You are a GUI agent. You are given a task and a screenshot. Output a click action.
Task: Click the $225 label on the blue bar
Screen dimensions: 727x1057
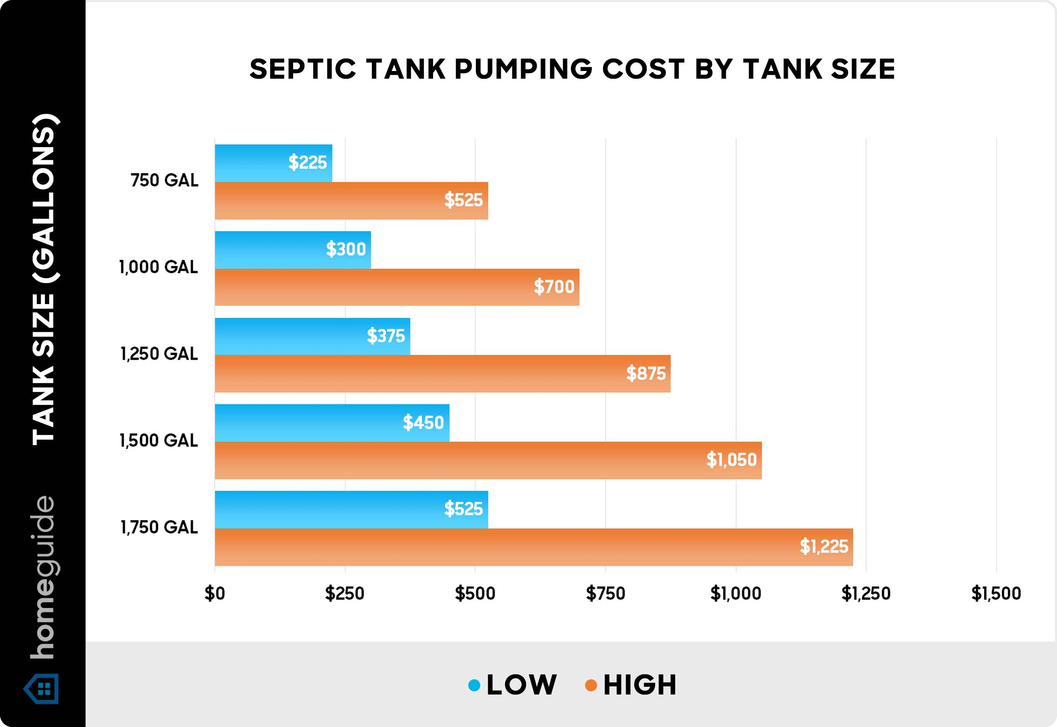click(x=307, y=163)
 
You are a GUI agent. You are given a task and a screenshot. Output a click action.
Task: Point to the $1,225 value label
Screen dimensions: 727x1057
click(x=824, y=547)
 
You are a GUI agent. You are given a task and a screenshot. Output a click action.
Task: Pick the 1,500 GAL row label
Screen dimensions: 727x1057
click(x=158, y=440)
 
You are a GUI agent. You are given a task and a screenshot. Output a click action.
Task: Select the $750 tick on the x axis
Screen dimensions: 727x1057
click(x=605, y=594)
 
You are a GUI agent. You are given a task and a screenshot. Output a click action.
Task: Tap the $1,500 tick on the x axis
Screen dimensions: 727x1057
click(x=996, y=594)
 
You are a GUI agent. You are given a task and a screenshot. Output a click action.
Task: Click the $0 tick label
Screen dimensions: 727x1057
click(x=215, y=594)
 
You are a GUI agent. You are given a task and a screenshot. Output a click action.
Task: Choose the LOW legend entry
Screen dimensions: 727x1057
click(x=521, y=685)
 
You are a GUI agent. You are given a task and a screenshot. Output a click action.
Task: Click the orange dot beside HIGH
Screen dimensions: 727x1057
click(x=591, y=685)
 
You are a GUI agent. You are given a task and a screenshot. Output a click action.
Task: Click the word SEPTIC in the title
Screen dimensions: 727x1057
click(x=302, y=70)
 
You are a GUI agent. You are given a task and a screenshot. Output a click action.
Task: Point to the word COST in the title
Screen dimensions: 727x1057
click(x=643, y=70)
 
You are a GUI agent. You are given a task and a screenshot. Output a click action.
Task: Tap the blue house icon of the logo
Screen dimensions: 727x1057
click(x=42, y=689)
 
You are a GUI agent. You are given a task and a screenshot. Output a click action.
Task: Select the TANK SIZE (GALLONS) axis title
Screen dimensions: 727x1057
click(x=44, y=279)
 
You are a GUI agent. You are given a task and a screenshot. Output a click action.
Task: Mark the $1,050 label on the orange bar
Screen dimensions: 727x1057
click(x=731, y=460)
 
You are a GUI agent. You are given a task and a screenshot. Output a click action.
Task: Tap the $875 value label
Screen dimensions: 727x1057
click(x=645, y=373)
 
